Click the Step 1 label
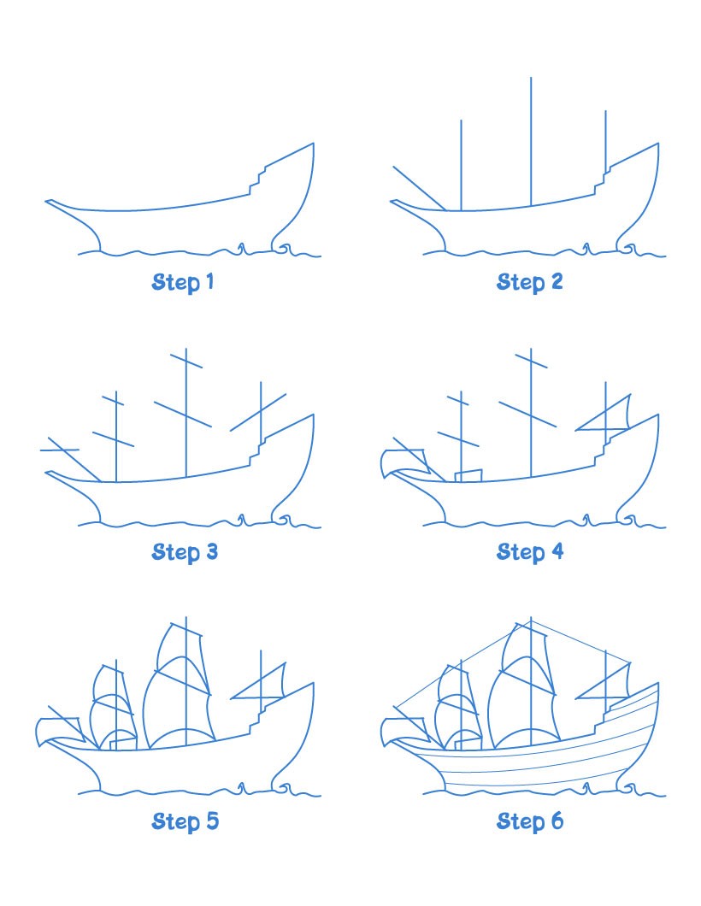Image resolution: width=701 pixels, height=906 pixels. pos(183,282)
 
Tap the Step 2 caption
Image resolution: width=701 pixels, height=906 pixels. pos(529,282)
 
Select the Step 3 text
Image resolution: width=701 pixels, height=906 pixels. pos(185,552)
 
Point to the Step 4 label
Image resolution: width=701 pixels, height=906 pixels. pos(529,552)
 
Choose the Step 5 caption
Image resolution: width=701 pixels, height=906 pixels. pos(185,822)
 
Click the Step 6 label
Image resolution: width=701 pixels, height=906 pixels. pos(529,822)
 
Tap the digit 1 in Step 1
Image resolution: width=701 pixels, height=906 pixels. pos(209,282)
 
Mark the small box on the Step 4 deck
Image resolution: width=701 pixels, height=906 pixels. pos(468,475)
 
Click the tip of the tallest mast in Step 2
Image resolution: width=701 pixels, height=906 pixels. pos(531,79)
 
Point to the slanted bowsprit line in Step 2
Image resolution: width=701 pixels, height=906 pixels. pos(418,187)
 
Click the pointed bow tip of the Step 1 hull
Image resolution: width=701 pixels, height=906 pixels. pos(48,203)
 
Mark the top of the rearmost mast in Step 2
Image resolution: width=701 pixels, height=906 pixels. pos(606,111)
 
